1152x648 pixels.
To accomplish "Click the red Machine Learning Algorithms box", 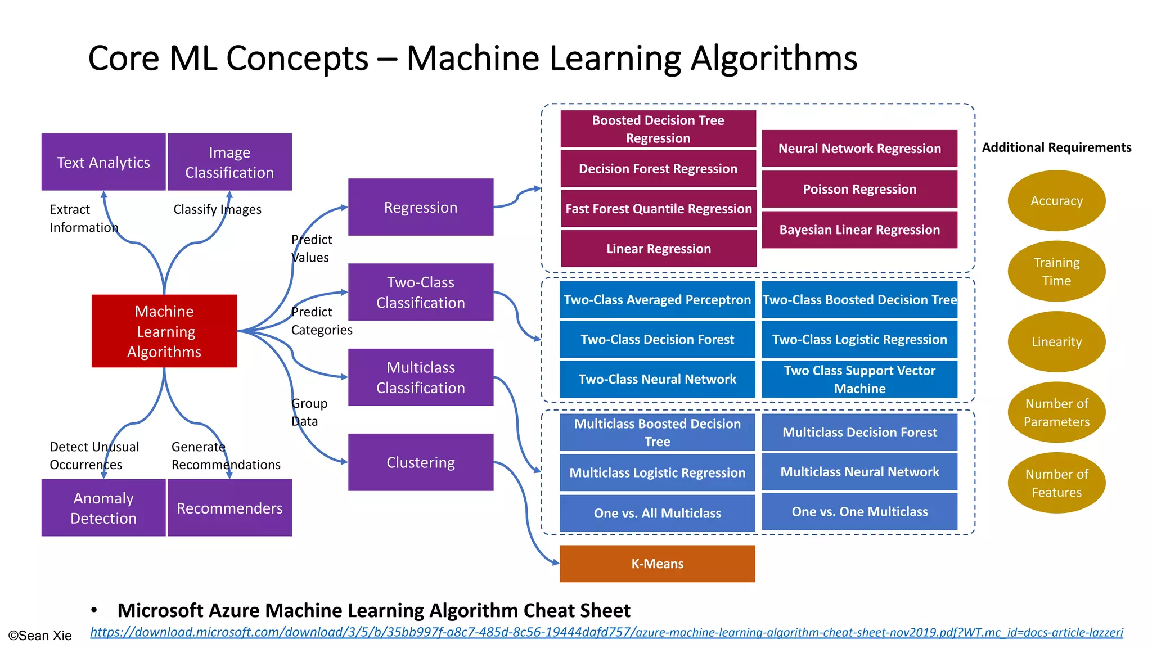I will coord(164,331).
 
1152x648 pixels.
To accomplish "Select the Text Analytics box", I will coord(103,162).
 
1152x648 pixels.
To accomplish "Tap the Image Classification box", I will coord(229,162).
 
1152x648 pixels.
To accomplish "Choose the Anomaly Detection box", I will coord(103,508).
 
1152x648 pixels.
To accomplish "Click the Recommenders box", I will coord(229,508).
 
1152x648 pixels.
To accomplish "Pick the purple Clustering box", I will coord(421,462).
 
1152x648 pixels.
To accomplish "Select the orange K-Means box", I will coord(657,564).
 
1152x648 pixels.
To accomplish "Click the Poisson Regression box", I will coord(859,189).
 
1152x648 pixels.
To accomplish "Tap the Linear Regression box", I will coord(658,249).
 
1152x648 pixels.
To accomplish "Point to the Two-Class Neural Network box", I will coord(657,379).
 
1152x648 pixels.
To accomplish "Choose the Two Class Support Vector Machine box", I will coord(859,379).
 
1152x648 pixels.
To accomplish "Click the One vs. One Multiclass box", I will coord(859,511).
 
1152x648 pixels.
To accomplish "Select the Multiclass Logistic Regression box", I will coord(657,472).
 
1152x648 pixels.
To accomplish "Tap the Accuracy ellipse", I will coord(1056,201).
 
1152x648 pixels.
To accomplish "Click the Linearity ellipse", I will coord(1056,341).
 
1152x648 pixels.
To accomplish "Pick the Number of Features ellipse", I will coord(1056,483).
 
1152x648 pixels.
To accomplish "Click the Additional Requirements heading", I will coord(1056,147).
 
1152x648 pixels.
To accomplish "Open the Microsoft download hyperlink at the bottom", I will coord(606,632).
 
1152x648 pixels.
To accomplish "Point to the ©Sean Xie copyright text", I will coord(40,636).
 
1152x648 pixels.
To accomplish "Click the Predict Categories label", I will coord(321,321).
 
